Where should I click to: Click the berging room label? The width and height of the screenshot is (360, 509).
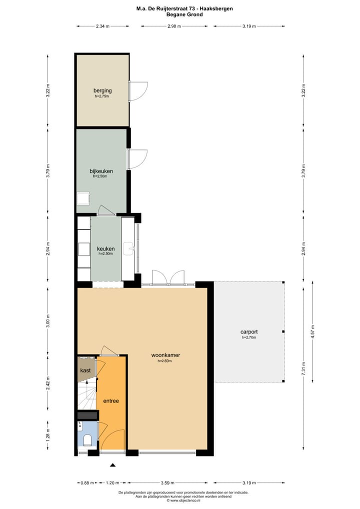[x=102, y=90]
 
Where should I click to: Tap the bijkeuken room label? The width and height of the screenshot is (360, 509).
[x=101, y=171]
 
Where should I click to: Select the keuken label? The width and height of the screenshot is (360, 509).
[x=105, y=248]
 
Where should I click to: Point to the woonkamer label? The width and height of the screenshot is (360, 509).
[x=165, y=355]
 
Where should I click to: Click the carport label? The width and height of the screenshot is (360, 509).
[x=248, y=332]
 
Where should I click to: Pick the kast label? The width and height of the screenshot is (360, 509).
[x=85, y=370]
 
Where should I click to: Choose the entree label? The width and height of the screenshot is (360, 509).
[x=111, y=401]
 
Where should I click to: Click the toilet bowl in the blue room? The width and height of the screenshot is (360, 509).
[x=87, y=440]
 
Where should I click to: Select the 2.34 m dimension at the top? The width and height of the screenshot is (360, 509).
[x=102, y=26]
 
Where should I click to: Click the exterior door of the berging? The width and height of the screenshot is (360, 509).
[x=138, y=90]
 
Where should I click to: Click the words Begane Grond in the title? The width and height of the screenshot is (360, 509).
[x=184, y=15]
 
